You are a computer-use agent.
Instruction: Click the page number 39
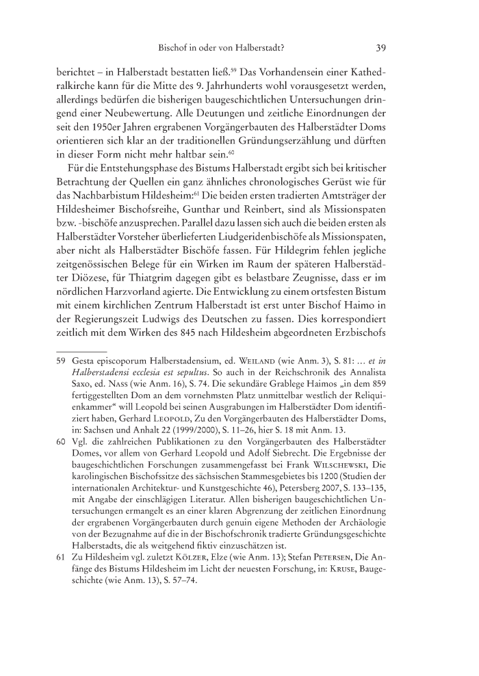pos(382,48)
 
